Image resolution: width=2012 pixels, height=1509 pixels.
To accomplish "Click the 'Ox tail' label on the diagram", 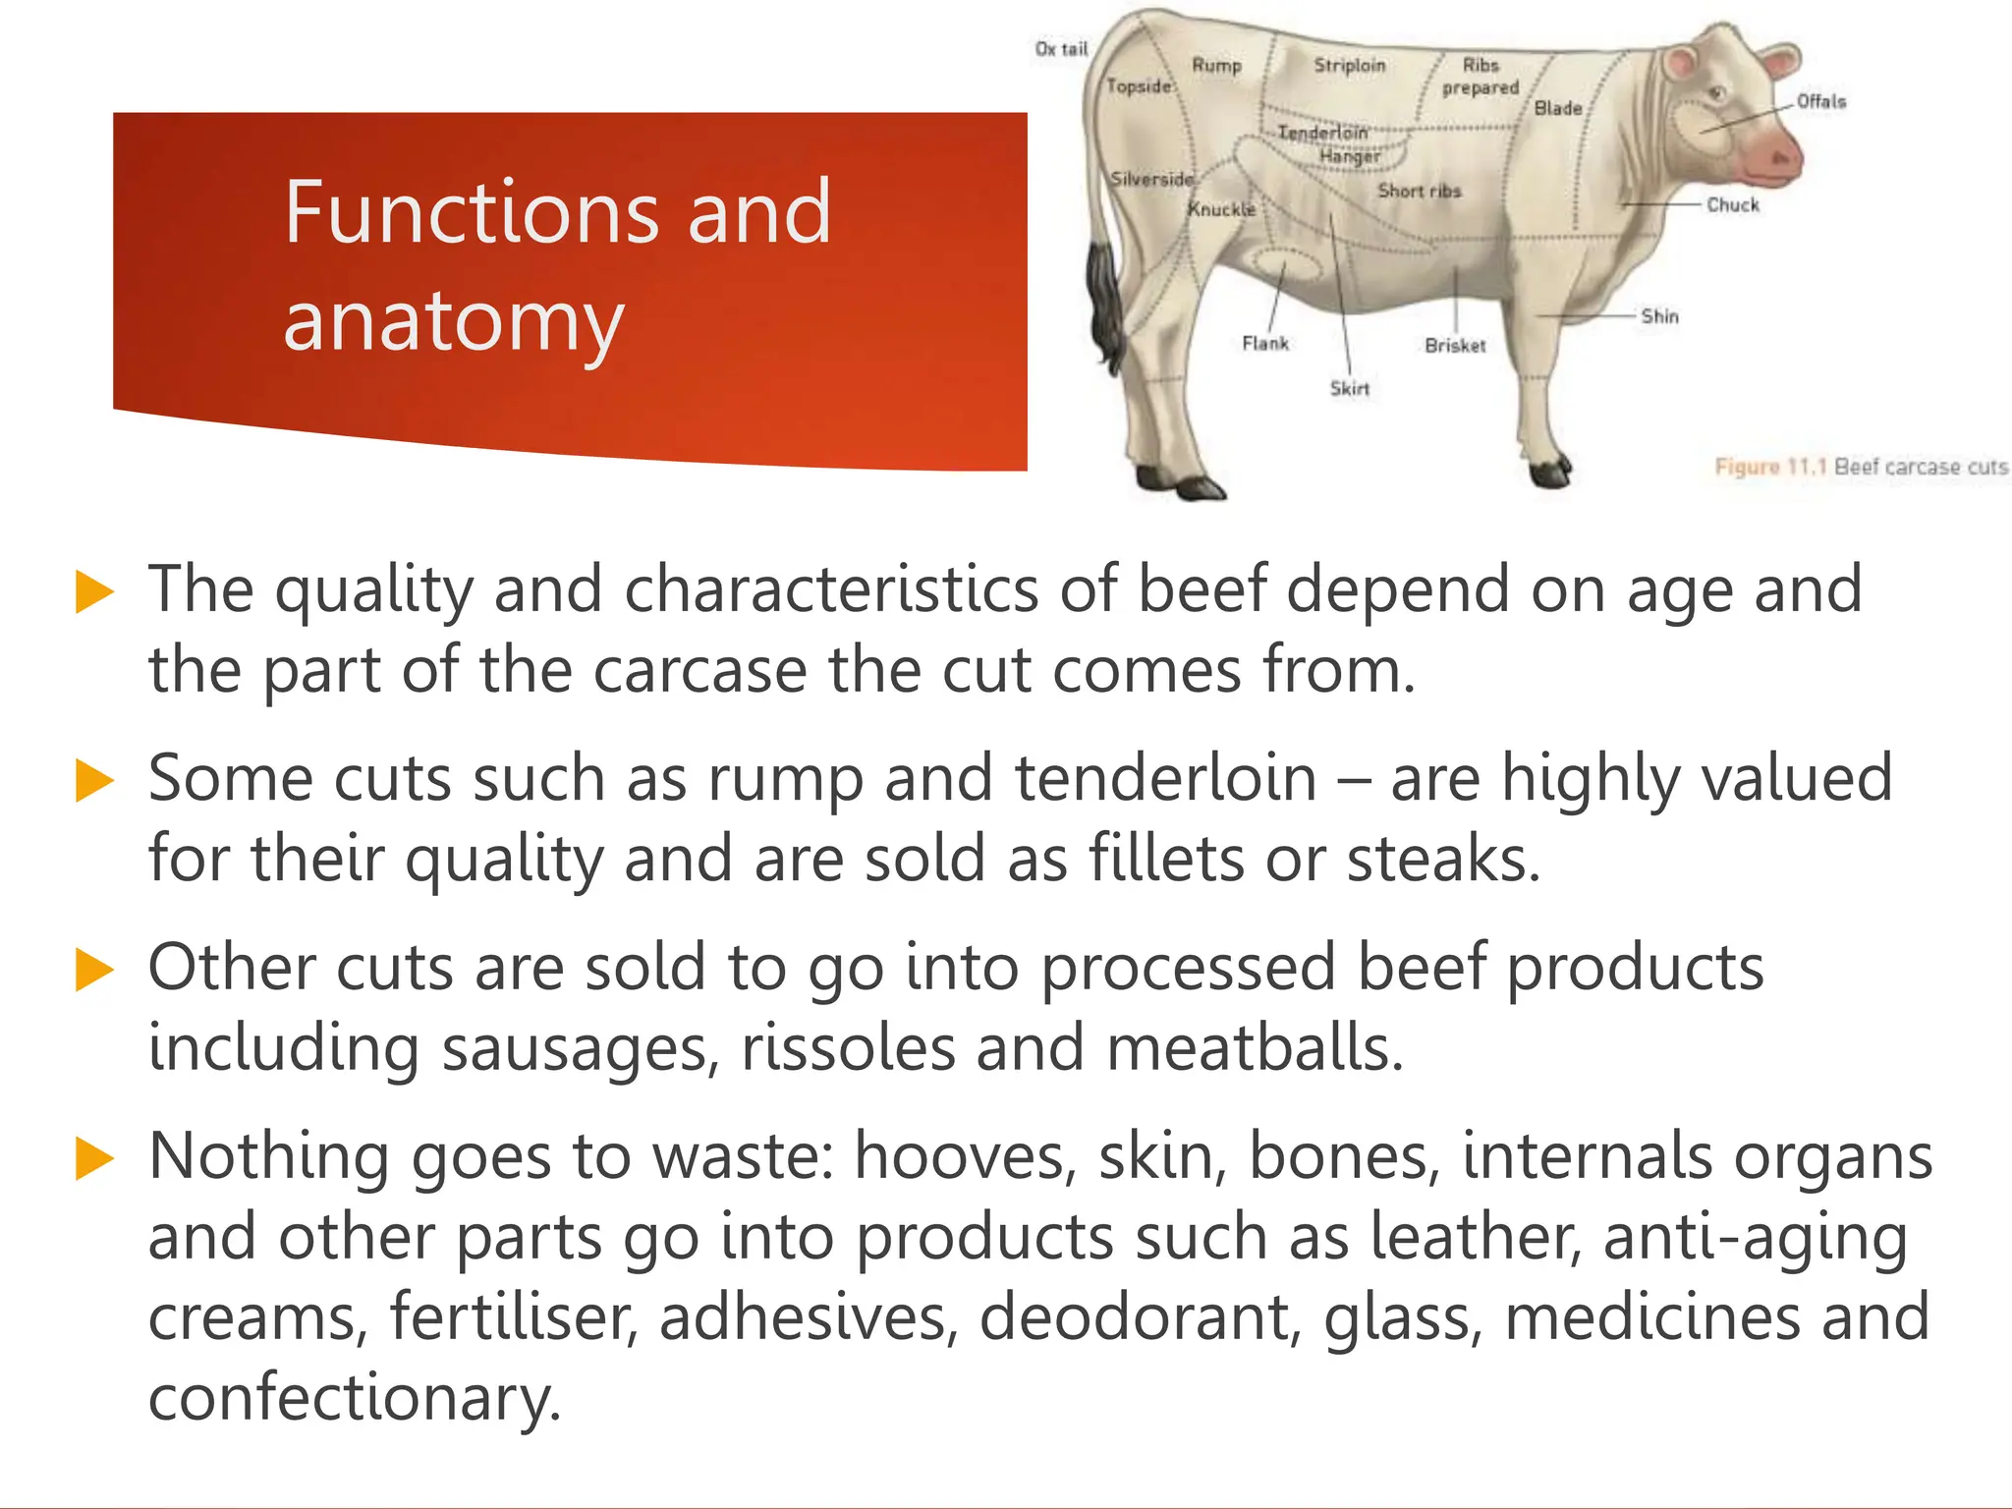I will click(x=1061, y=49).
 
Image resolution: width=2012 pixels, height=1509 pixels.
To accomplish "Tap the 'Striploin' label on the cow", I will click(x=1350, y=66).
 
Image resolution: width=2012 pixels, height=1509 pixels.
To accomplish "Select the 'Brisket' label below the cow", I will click(x=1455, y=346).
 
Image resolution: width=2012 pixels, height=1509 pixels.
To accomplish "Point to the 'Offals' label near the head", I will click(x=1821, y=101).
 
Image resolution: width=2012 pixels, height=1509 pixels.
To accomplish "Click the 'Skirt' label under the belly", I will click(x=1350, y=389).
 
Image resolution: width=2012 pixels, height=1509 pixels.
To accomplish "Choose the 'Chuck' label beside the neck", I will click(x=1733, y=205).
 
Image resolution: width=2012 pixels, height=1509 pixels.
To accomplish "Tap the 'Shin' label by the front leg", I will click(x=1660, y=316).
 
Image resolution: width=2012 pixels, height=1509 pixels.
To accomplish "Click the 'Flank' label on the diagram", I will click(x=1265, y=344).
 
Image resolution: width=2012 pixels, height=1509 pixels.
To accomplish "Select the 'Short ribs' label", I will click(x=1420, y=191).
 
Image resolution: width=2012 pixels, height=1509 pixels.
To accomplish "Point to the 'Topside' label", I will click(x=1140, y=86).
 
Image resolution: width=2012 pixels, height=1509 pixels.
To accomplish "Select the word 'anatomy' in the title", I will click(x=454, y=324).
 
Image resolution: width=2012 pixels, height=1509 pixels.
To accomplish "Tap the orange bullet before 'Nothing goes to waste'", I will click(x=94, y=1158).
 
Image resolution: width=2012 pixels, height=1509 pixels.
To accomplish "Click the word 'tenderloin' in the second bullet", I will click(x=1164, y=778).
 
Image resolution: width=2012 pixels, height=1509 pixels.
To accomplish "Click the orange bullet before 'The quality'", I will click(x=94, y=592).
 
